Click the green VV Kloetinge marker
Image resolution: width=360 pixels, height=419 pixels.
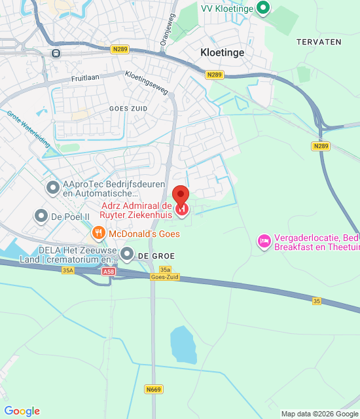pos(263,8)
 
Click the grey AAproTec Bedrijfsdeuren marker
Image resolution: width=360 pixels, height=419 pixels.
pos(53,188)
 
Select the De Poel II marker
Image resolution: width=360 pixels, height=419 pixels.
pos(41,215)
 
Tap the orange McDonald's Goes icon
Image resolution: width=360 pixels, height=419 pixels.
pos(98,233)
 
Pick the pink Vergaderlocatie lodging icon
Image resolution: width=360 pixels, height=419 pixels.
pos(264,242)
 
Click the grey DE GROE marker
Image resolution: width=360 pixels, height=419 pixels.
pos(127,253)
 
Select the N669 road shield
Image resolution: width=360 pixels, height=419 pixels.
pos(153,390)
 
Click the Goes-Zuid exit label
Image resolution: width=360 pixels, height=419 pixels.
pos(165,277)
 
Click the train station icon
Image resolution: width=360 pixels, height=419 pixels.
pos(56,53)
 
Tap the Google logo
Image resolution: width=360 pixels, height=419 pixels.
pos(22,411)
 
